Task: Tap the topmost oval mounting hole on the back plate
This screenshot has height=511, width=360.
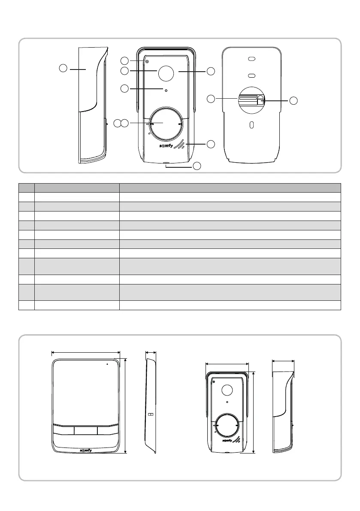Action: tap(252, 60)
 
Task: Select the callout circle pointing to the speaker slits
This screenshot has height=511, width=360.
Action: tap(211, 144)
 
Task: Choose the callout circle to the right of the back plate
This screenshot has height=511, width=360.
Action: tap(293, 101)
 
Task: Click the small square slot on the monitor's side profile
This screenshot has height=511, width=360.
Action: tap(150, 415)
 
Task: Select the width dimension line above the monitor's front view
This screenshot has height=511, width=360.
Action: tap(85, 353)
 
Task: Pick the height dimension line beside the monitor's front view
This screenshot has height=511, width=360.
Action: tap(125, 406)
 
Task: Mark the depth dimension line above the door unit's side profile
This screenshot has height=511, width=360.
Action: tap(283, 361)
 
